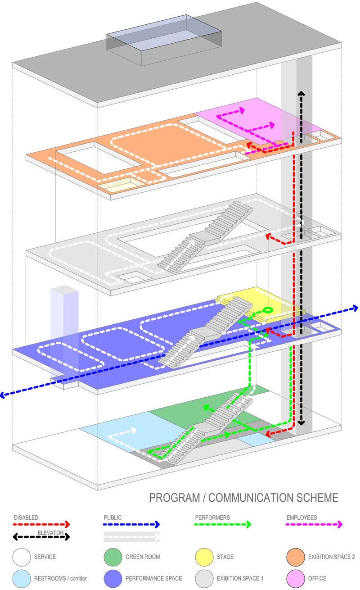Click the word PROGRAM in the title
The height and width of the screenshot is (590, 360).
175,498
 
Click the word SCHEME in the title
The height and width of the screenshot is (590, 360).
317,498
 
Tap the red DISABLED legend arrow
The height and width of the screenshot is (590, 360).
41,524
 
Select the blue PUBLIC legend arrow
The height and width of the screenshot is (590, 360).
131,524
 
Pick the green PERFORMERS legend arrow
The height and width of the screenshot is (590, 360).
223,524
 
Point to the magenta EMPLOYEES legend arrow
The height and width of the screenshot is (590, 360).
314,524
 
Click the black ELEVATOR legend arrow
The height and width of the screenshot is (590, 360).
41,536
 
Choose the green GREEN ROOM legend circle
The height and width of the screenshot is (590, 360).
113,557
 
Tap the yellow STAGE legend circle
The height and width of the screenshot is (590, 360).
204,557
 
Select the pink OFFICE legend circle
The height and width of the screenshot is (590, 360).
296,578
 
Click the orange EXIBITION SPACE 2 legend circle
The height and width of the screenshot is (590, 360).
296,557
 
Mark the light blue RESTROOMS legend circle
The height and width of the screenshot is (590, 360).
22,578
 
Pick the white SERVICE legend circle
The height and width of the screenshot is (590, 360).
22,557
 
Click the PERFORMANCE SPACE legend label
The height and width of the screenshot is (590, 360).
154,578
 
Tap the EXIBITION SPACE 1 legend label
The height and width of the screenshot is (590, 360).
240,578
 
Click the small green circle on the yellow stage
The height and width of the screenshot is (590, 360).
268,310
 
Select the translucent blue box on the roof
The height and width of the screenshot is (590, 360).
164,40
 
